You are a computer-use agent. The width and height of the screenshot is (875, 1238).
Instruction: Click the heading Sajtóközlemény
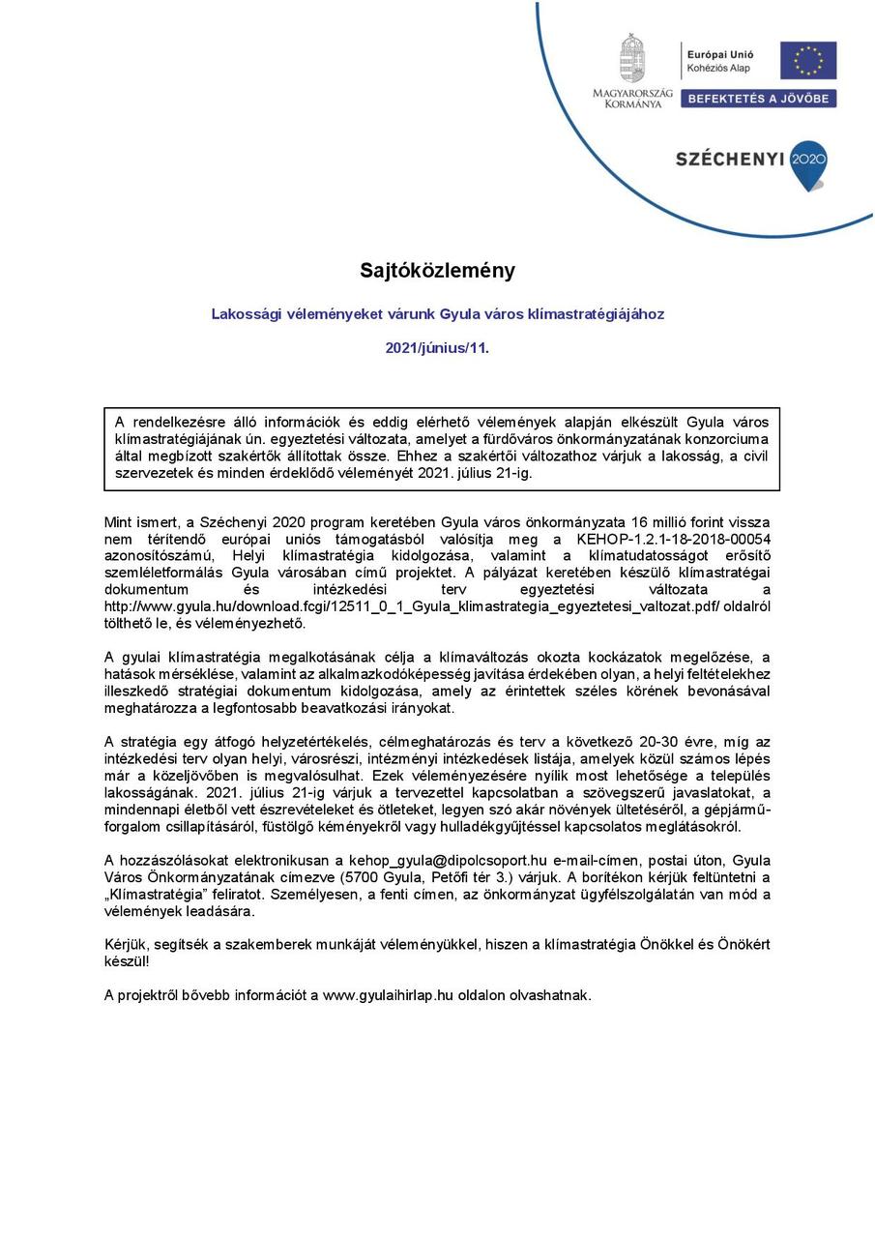437,271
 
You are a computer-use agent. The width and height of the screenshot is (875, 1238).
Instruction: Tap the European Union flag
808,60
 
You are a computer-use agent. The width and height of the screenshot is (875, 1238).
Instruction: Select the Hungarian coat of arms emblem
632,59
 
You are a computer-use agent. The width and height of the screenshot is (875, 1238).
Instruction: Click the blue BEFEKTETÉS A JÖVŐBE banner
758,99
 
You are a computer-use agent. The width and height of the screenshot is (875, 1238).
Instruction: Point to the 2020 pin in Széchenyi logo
808,162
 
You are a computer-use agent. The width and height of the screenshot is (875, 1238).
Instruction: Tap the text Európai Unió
720,55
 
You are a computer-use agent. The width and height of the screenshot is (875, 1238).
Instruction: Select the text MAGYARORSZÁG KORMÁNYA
633,97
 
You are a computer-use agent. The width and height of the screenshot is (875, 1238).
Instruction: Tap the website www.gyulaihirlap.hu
388,994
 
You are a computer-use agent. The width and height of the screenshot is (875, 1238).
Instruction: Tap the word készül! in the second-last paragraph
127,961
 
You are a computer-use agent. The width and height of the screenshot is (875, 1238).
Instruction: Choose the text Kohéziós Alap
717,69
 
